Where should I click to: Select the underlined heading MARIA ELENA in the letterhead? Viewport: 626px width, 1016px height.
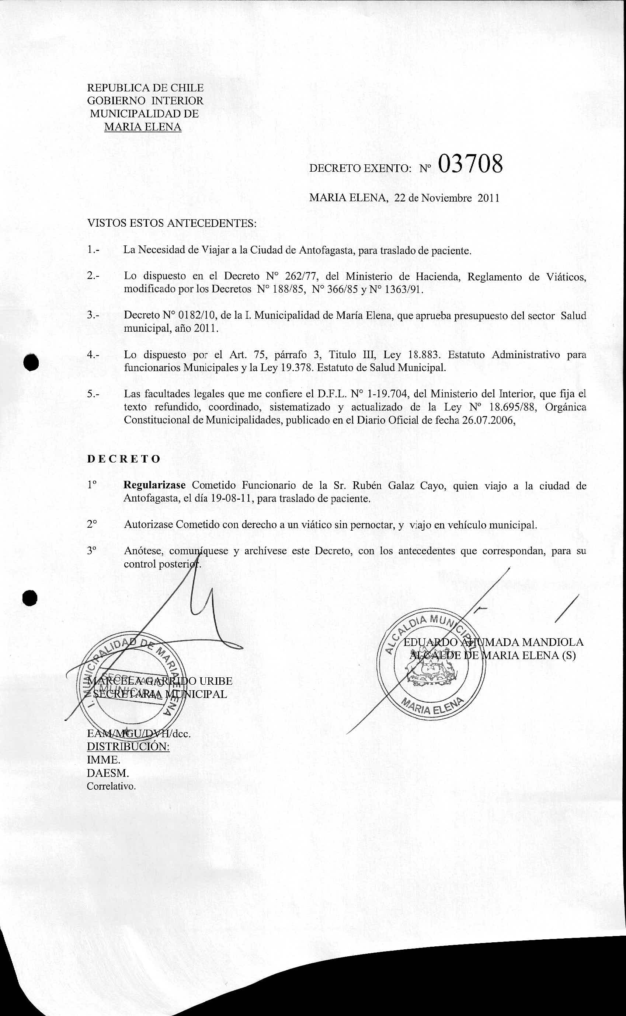click(x=143, y=127)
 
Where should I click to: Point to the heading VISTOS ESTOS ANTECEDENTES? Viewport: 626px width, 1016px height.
click(x=172, y=224)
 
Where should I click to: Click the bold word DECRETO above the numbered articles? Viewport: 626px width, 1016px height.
click(x=124, y=459)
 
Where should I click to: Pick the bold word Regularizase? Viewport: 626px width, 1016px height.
click(x=156, y=485)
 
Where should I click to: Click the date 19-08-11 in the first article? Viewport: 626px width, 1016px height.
click(x=232, y=499)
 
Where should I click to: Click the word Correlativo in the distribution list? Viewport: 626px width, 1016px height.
click(x=111, y=786)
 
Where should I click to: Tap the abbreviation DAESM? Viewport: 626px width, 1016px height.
click(x=108, y=773)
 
